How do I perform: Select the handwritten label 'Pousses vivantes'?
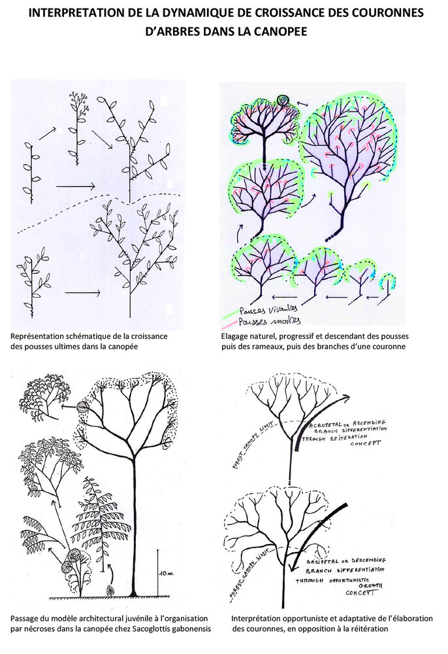tap(268, 309)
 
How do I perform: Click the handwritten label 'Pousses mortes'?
tap(269, 321)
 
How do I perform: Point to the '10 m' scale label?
tap(165, 573)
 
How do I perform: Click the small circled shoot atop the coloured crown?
tap(283, 100)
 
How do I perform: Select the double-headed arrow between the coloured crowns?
tap(302, 104)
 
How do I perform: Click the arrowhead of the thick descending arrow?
tap(293, 566)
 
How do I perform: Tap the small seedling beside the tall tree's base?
tap(110, 591)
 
